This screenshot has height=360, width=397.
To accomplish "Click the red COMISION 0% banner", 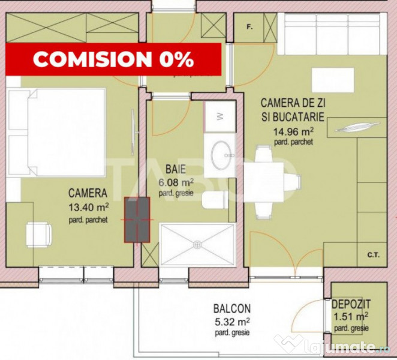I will (x=113, y=59).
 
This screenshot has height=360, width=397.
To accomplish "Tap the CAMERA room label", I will (x=88, y=193).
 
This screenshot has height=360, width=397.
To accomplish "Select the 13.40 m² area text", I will (x=89, y=207).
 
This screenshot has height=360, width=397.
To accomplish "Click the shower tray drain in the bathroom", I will (x=197, y=244).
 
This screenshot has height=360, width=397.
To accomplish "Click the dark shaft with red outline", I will (x=136, y=220).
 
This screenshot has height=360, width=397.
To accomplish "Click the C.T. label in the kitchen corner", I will (x=373, y=254).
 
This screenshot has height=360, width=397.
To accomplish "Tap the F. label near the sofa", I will (x=249, y=26).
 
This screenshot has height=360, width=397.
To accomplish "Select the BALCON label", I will (x=231, y=309).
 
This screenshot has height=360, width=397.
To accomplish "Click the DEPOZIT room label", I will (x=351, y=305).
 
